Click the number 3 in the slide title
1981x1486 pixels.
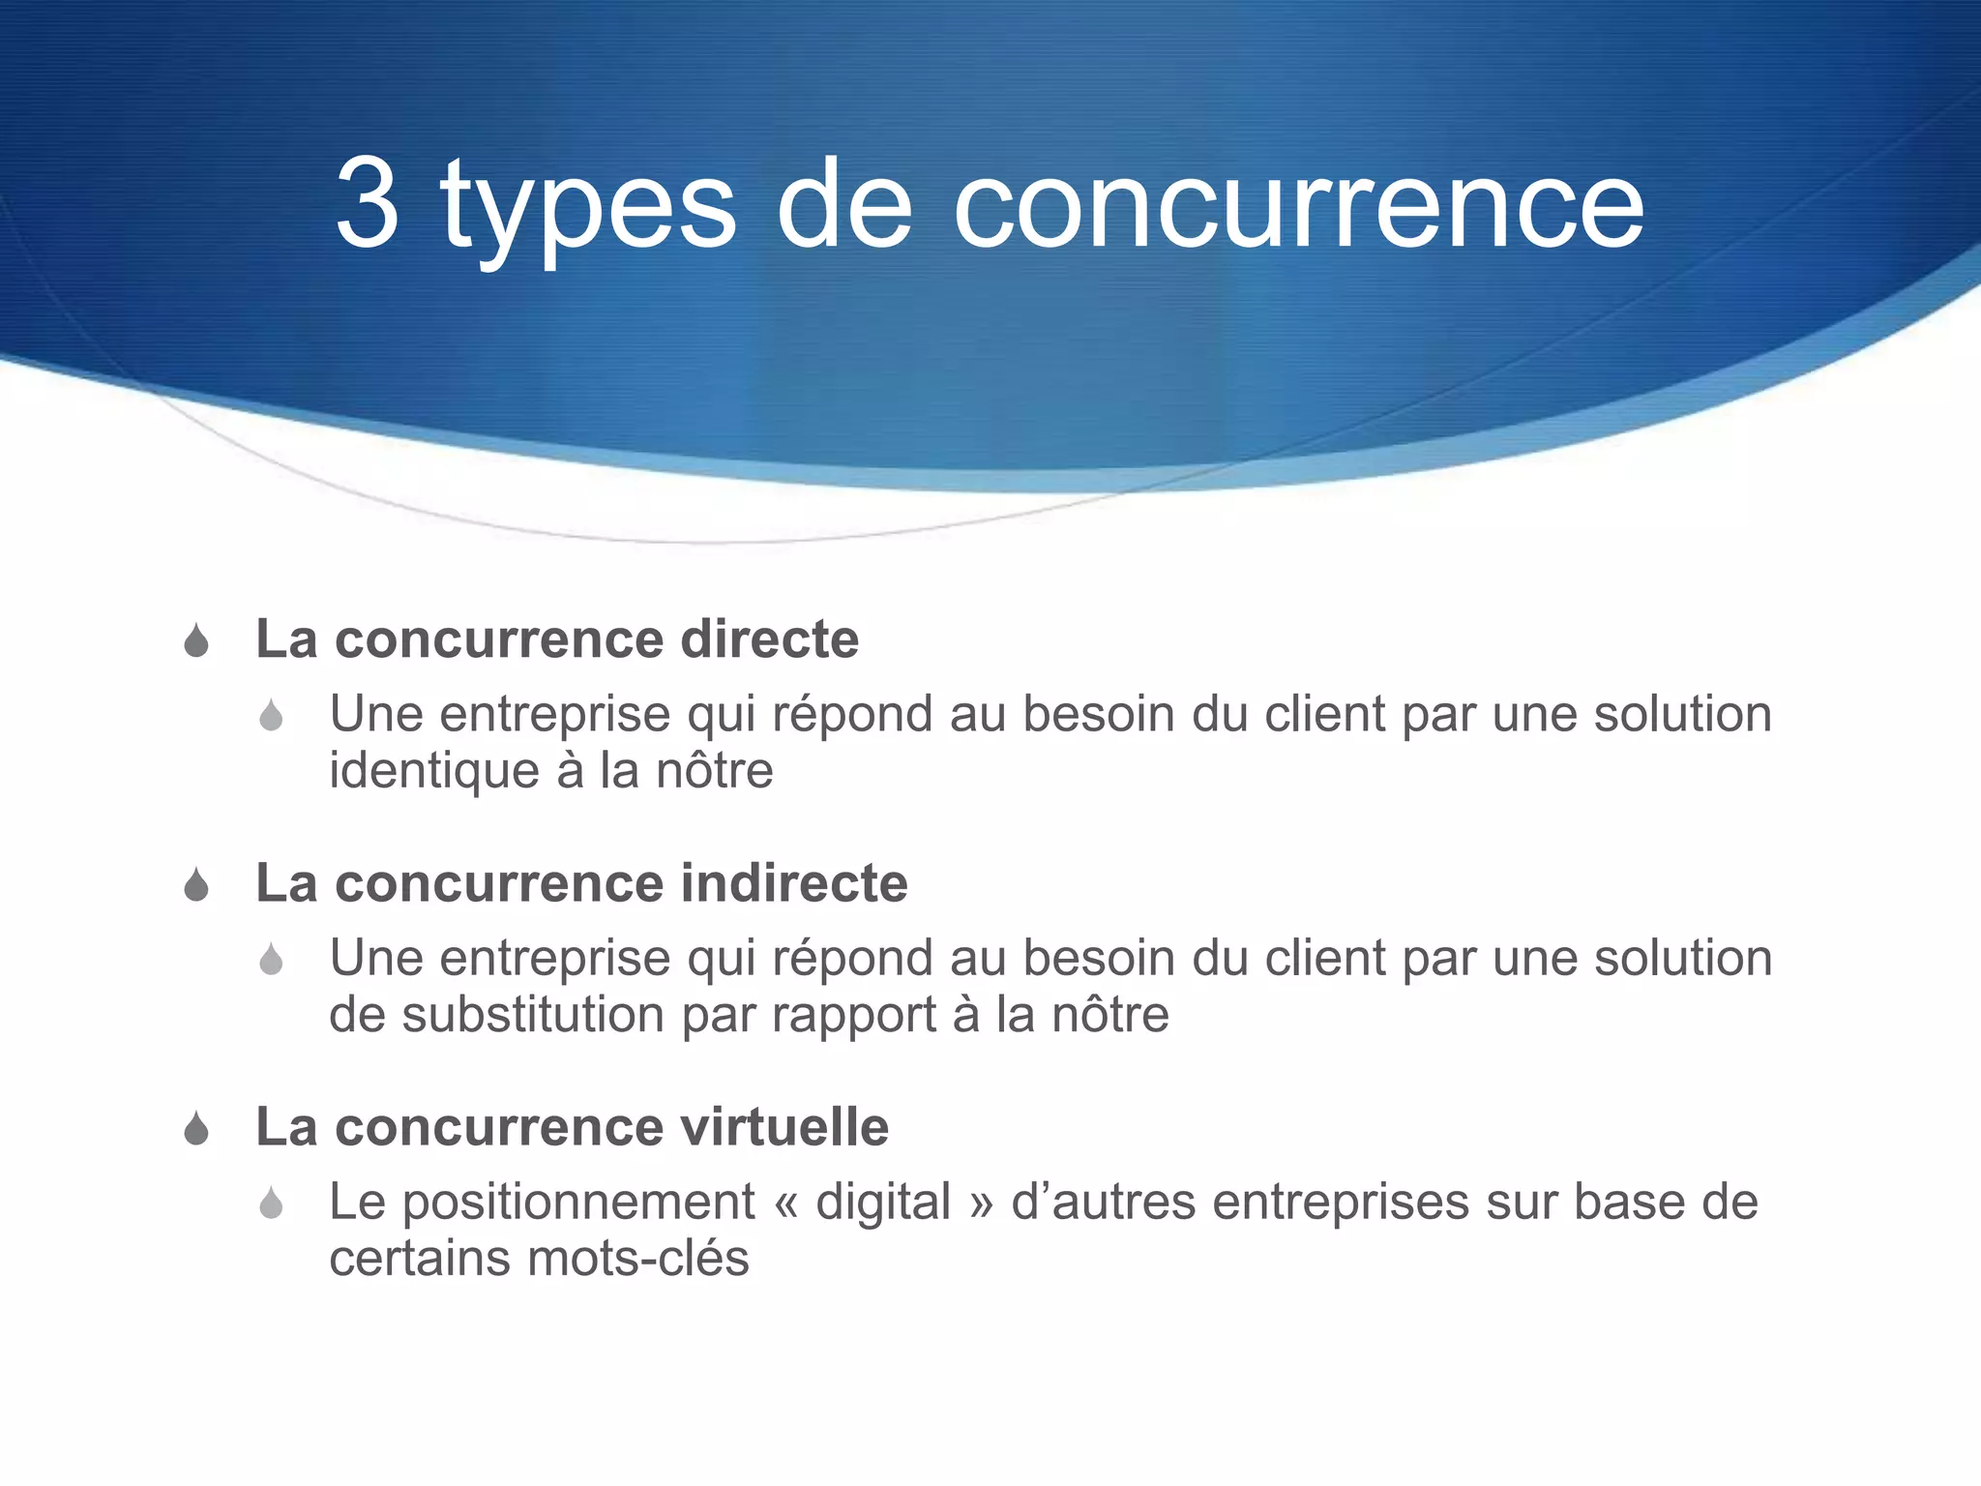(368, 203)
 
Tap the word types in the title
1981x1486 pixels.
(588, 208)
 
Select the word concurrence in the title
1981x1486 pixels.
(1298, 205)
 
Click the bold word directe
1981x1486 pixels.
(769, 639)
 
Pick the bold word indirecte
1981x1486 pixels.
(794, 883)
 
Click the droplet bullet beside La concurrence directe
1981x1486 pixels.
(196, 641)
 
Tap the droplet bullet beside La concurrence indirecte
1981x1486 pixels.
(196, 885)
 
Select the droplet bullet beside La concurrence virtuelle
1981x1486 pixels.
(196, 1129)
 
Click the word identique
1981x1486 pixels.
(434, 771)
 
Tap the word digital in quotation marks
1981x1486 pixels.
(883, 1203)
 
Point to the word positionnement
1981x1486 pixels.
(577, 1204)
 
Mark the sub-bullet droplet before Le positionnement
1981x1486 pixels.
(271, 1204)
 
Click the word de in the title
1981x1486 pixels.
(844, 205)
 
